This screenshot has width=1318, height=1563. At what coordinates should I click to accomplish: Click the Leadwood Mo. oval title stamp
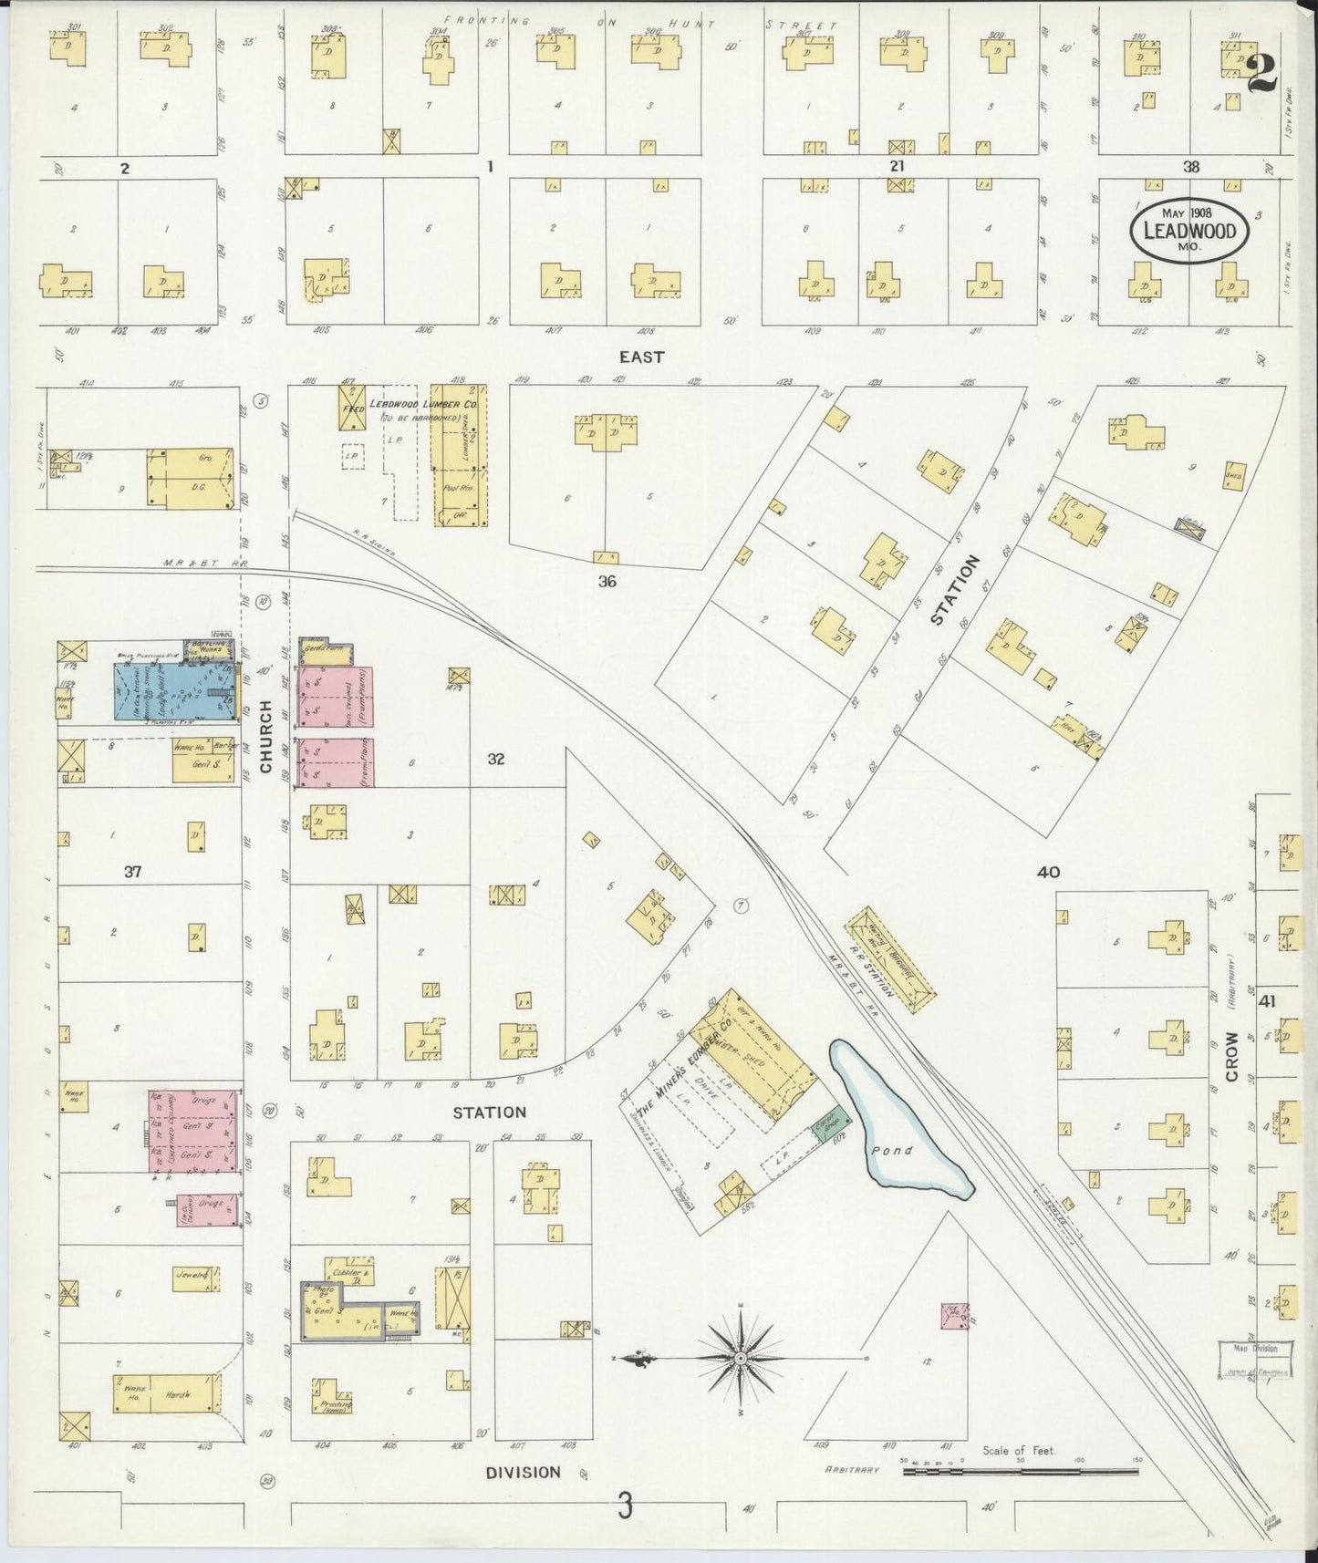(1189, 232)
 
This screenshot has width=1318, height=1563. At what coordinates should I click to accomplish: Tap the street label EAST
(641, 357)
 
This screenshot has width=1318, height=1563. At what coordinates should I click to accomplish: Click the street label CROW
(1231, 1056)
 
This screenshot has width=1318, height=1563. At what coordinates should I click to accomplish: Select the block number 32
(495, 759)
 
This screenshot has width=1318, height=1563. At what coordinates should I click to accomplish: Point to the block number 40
(1048, 872)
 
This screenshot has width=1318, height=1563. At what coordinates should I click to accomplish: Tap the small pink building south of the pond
(954, 1315)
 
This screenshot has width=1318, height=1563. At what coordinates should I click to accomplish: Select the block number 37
(133, 872)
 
